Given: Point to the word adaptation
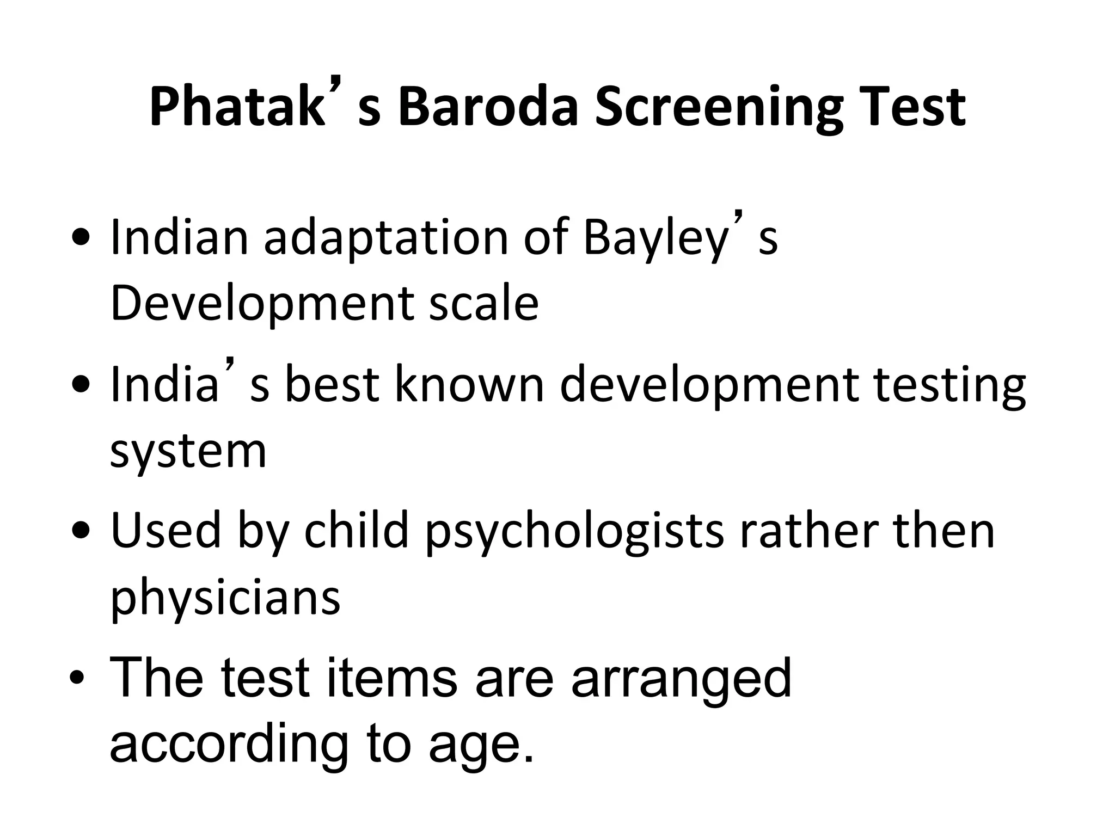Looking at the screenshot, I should [385, 238].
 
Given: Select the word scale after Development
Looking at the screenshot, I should [483, 304].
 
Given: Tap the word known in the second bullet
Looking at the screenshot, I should [469, 384].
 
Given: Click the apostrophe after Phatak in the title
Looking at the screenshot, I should [338, 86].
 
